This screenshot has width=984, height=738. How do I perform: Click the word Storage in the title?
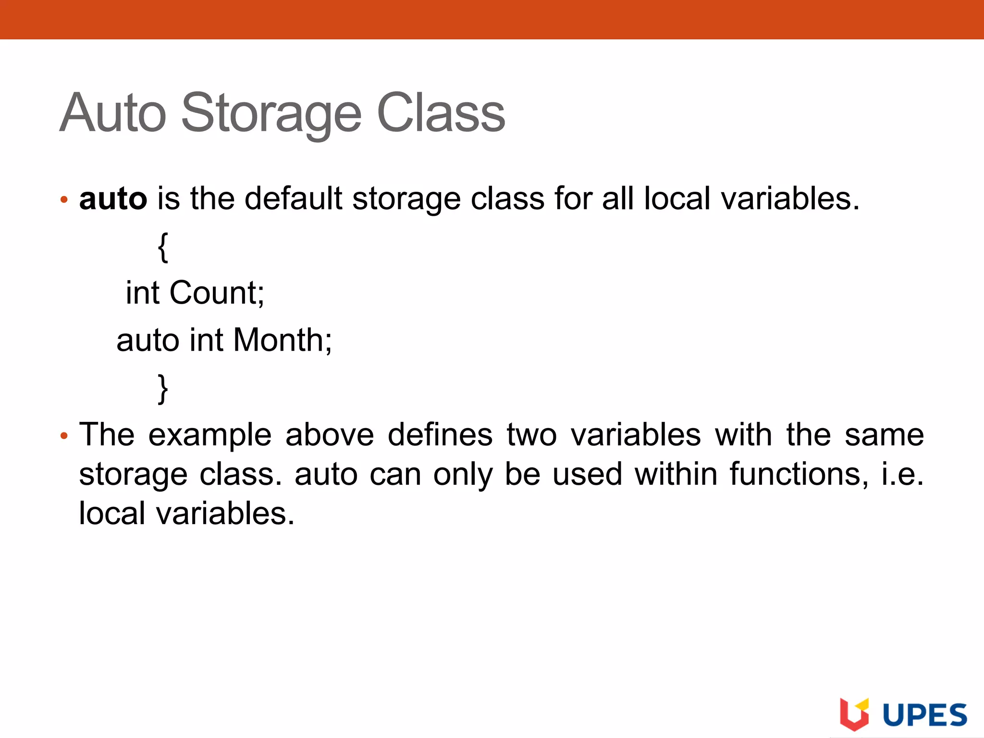[x=271, y=113]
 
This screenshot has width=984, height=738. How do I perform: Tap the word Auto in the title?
[x=113, y=113]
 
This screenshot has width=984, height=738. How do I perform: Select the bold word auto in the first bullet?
[x=113, y=198]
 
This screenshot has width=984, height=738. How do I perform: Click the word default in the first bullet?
[x=293, y=198]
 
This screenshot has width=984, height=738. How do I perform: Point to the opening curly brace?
[x=163, y=247]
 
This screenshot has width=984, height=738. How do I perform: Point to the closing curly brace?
[x=163, y=389]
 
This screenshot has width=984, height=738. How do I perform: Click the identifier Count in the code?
[x=216, y=293]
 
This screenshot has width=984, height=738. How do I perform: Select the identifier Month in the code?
[x=282, y=340]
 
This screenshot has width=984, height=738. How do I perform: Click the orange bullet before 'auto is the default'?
[x=64, y=199]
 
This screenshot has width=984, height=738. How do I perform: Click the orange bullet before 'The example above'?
[x=64, y=436]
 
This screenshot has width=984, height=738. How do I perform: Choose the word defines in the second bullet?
[x=440, y=435]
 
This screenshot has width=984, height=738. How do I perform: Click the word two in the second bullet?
[x=531, y=435]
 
